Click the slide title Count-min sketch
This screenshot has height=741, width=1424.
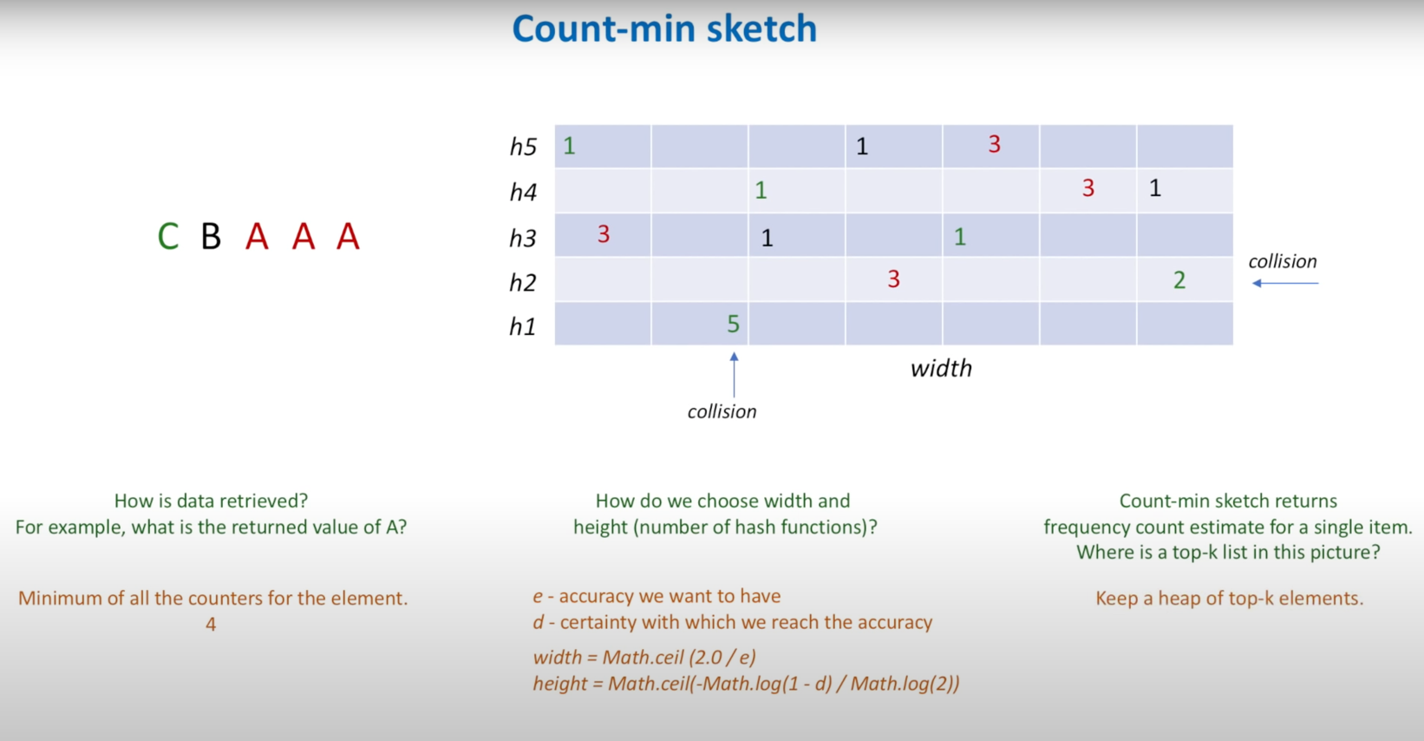pyautogui.click(x=664, y=28)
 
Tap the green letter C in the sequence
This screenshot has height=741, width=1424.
pyautogui.click(x=168, y=237)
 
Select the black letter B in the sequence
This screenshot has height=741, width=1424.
pyautogui.click(x=211, y=237)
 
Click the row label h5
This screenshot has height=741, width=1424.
pyautogui.click(x=523, y=147)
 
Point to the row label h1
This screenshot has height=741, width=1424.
pyautogui.click(x=523, y=327)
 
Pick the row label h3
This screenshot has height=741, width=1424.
pyautogui.click(x=523, y=239)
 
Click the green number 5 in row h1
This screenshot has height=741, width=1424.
pyautogui.click(x=733, y=325)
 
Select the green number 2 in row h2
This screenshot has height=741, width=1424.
pyautogui.click(x=1179, y=280)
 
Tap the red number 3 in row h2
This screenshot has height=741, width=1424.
pyautogui.click(x=894, y=279)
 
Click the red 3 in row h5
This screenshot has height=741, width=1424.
pyautogui.click(x=995, y=144)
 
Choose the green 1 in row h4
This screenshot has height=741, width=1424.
pyautogui.click(x=761, y=190)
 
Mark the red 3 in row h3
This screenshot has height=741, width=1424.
pyautogui.click(x=604, y=234)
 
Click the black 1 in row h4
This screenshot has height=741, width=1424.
pyautogui.click(x=1155, y=188)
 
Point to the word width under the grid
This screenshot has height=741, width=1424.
pyautogui.click(x=942, y=368)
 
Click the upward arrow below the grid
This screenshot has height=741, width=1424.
pyautogui.click(x=735, y=375)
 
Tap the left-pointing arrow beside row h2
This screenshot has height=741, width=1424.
pyautogui.click(x=1285, y=283)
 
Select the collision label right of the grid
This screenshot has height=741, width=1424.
pyautogui.click(x=1283, y=261)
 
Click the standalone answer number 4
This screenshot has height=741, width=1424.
pyautogui.click(x=211, y=624)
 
